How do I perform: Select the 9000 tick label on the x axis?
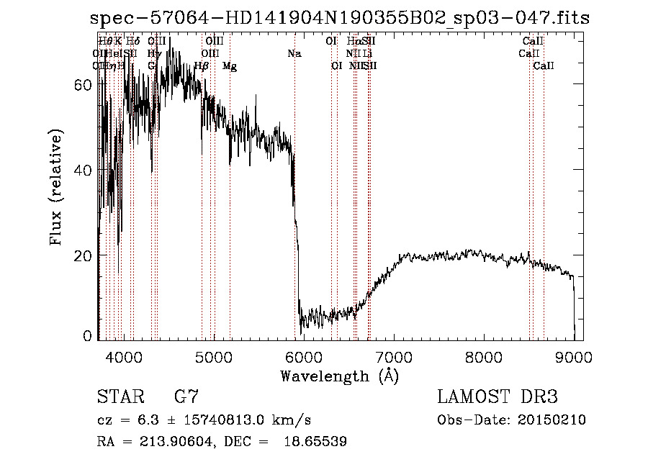pos(573,355)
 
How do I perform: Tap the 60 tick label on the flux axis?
pos(84,84)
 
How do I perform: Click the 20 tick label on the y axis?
pos(84,256)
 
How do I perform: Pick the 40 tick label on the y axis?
pos(84,171)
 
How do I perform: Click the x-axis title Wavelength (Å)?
pos(340,376)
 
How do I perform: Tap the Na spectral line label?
pos(294,54)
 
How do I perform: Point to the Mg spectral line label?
pos(230,66)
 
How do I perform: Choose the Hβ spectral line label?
pos(202,66)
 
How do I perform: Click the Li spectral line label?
pos(367,54)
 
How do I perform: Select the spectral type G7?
pos(186,397)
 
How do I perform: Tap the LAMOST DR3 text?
pos(498,397)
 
